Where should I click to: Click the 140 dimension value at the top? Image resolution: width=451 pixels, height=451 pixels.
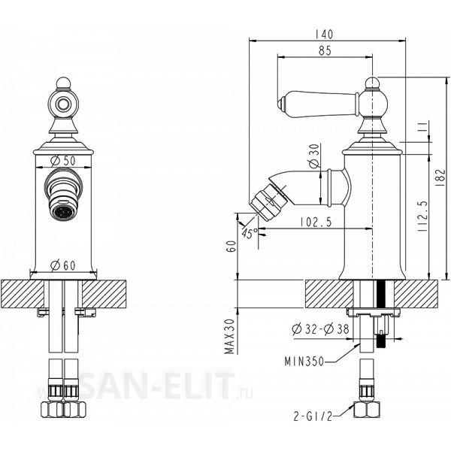click(324, 35)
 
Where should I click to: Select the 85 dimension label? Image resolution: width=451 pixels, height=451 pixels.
click(325, 50)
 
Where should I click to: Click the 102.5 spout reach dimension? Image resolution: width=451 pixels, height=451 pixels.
click(316, 222)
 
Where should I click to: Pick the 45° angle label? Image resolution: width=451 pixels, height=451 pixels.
click(250, 233)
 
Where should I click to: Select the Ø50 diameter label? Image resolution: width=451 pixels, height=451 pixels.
click(62, 161)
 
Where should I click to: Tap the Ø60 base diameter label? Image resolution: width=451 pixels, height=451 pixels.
click(62, 265)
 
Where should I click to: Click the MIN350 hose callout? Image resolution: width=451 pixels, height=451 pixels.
click(304, 362)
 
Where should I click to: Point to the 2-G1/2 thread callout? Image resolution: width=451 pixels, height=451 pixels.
click(313, 416)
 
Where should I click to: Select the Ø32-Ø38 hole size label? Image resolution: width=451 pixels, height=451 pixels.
click(320, 329)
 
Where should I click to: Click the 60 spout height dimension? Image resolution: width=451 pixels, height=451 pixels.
click(232, 247)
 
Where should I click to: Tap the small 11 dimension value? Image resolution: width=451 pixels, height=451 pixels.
click(422, 126)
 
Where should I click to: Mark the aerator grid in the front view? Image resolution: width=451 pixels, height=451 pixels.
click(62, 213)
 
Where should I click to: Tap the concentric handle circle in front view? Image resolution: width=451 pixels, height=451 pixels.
click(62, 104)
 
